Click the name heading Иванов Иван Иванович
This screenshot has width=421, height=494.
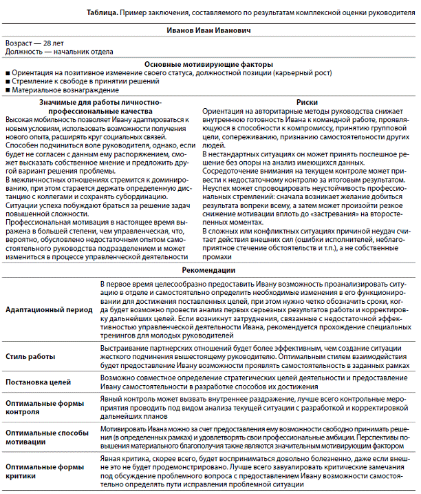(x=209, y=31)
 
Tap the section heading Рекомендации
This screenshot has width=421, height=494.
(x=210, y=271)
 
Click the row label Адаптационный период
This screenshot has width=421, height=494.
(x=48, y=310)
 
